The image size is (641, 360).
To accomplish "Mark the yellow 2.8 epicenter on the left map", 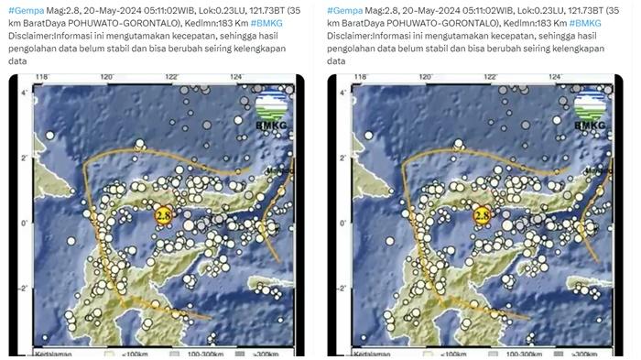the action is coord(163,214).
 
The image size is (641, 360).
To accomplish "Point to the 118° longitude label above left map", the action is coord(40,77).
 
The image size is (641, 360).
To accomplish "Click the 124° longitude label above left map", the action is coord(236,77).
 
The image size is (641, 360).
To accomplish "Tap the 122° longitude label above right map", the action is coord(491,77).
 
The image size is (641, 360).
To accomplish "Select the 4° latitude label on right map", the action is coord(341,92).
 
